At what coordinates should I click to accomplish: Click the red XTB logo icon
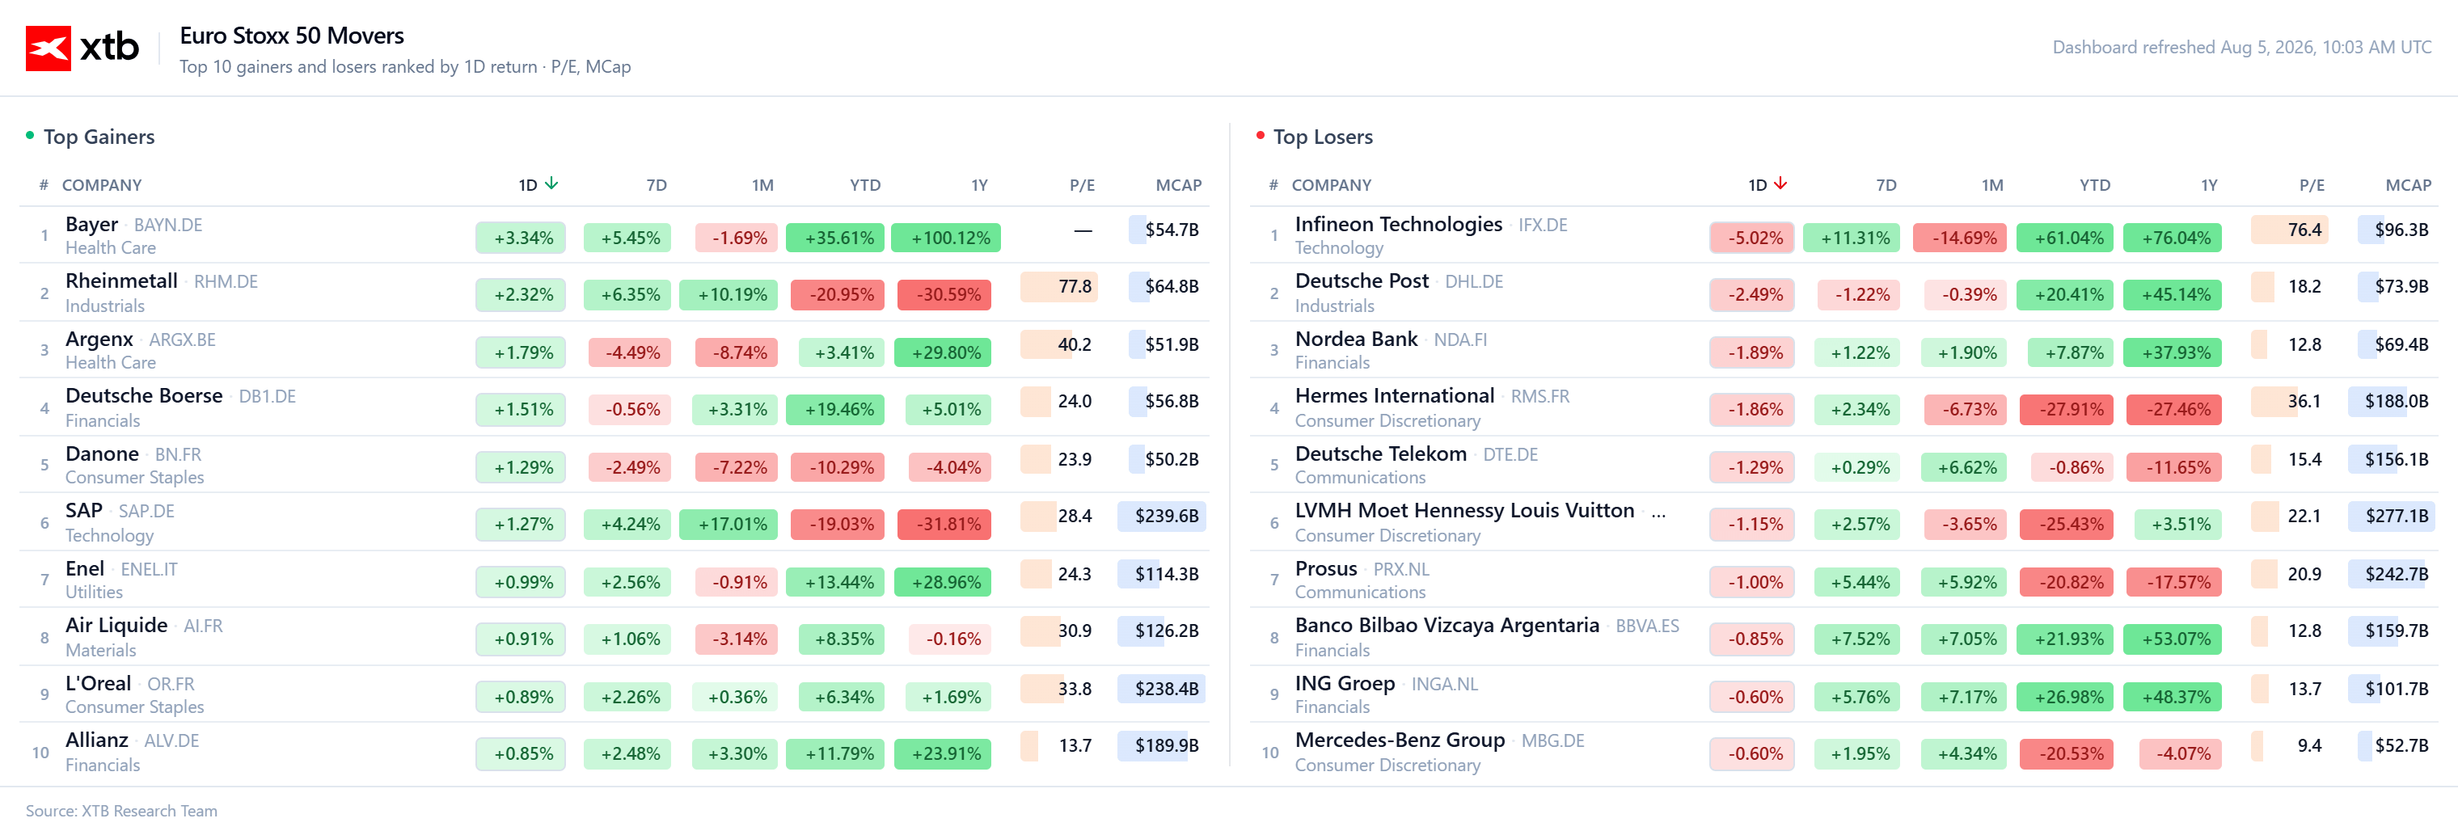coord(48,48)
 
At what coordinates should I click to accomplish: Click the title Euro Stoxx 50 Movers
coord(292,36)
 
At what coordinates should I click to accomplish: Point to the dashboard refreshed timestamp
coord(2241,48)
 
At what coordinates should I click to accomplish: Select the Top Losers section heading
coord(1323,137)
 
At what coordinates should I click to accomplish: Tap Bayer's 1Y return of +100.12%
coord(946,238)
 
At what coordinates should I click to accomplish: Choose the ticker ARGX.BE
coord(182,340)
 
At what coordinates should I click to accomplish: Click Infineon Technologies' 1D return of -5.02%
coord(1752,238)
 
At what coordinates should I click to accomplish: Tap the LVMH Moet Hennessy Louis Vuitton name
coord(1463,512)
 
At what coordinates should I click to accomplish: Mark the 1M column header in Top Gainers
coord(762,185)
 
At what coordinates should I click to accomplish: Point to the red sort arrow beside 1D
coord(1780,183)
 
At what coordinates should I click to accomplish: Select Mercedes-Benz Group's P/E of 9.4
coord(2309,746)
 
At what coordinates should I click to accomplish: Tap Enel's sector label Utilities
coord(94,593)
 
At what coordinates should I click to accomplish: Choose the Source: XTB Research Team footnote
coord(121,811)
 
